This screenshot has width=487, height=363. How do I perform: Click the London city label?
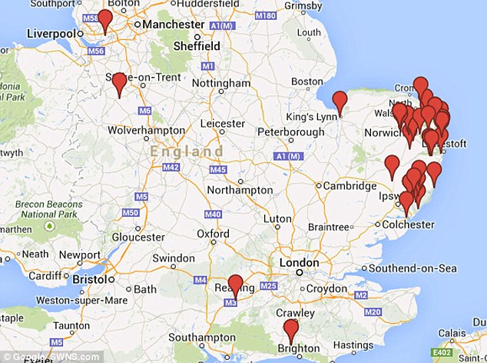tap(299, 262)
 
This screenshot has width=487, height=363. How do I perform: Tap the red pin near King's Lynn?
tap(340, 101)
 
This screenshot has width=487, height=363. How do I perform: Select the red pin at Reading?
tap(236, 284)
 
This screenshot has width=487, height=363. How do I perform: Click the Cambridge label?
tap(350, 185)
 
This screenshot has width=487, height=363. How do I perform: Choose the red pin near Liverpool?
tap(105, 20)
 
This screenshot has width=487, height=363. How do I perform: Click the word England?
tap(187, 151)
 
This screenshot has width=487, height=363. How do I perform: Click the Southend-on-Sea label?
tap(413, 268)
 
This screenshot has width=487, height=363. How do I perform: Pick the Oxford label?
tap(213, 234)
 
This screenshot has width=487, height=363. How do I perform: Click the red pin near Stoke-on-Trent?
tap(119, 83)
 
